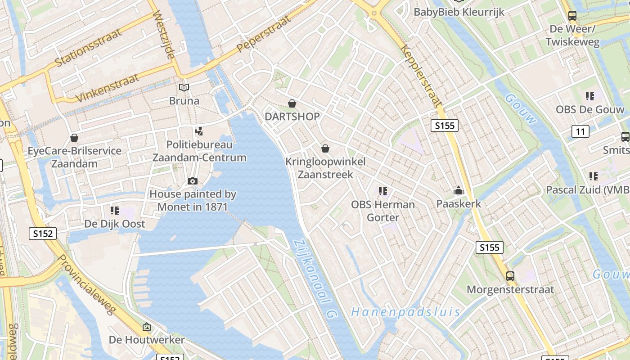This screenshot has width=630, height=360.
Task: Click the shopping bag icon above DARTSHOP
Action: pos(292,104)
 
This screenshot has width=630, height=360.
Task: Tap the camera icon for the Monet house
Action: pos(193,181)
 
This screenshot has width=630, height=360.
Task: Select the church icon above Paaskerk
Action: pos(459,191)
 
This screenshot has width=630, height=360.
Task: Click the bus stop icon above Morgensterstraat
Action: pos(510,276)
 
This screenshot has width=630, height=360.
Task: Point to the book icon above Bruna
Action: pos(184,87)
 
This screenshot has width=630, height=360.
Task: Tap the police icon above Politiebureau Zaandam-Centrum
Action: pos(199,131)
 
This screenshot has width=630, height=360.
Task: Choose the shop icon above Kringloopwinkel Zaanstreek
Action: pos(325,148)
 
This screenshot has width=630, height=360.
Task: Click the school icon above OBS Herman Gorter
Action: pos(383,191)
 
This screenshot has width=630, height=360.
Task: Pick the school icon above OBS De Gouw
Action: pos(590,96)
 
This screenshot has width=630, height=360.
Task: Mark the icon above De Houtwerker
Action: pos(147,327)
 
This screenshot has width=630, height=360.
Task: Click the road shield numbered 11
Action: pos(580,131)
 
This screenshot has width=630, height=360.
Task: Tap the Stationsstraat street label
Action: pos(89,47)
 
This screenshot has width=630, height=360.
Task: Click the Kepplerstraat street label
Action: pos(421,75)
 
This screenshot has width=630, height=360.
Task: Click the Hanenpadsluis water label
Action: pos(406,312)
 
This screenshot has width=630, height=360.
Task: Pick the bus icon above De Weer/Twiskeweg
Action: pos(572,16)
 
